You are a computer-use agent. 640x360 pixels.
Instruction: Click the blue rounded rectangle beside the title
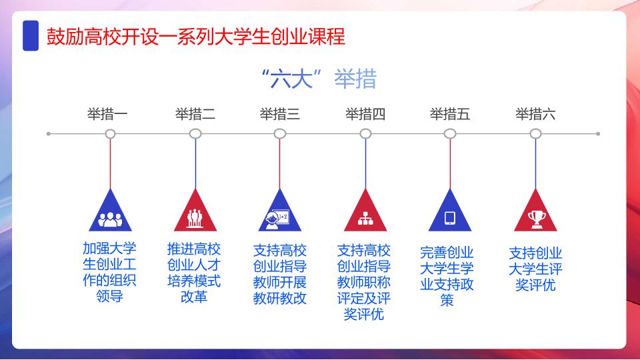click(x=31, y=35)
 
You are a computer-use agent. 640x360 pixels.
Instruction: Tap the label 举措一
click(x=107, y=114)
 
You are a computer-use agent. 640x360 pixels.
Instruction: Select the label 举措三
click(x=280, y=114)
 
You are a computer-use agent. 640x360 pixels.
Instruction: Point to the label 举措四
click(x=365, y=114)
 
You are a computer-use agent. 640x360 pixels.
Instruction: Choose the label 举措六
click(x=535, y=114)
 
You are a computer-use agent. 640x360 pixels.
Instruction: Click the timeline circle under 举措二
click(x=195, y=133)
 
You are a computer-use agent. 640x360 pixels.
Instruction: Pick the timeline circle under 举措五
click(x=450, y=133)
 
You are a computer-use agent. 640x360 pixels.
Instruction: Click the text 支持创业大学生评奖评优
click(x=535, y=269)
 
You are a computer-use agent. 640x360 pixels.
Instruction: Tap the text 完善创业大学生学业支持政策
click(x=447, y=276)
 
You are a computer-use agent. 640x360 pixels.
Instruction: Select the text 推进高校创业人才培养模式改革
click(x=194, y=273)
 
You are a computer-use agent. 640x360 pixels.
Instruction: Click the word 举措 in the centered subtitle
click(x=355, y=79)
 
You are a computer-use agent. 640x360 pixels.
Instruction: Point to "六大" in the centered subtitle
click(x=291, y=79)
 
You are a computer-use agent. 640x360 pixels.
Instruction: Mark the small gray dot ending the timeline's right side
click(x=598, y=134)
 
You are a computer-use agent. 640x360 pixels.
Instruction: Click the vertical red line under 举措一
click(x=110, y=164)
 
